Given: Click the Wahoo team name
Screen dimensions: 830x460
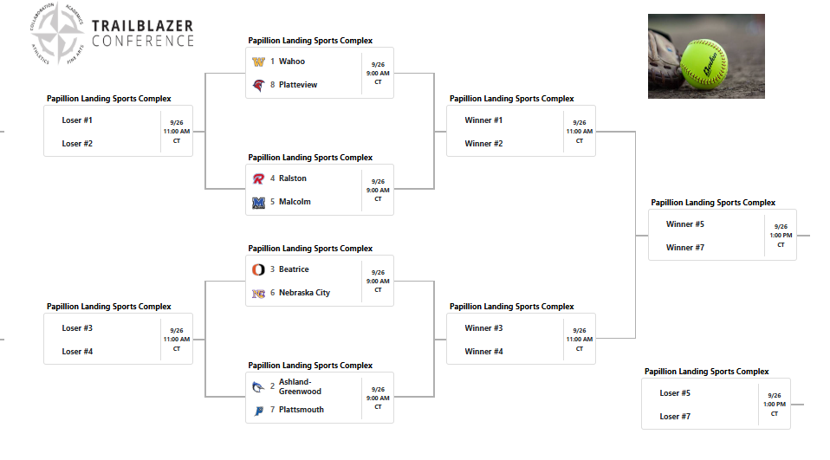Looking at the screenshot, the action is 292,62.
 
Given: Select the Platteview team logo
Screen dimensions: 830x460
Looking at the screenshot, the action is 258,85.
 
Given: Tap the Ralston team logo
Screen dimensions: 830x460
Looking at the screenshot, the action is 258,179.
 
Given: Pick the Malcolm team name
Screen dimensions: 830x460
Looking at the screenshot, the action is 295,202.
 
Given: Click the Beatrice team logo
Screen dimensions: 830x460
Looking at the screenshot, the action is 258,270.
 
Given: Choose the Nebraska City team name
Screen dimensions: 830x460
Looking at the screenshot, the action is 304,293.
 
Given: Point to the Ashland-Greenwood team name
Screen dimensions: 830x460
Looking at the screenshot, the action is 300,386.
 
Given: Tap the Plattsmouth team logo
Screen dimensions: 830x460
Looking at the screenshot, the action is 258,411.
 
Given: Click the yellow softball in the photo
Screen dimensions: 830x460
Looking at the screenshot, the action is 704,64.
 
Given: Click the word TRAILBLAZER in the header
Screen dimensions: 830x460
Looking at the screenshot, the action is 143,26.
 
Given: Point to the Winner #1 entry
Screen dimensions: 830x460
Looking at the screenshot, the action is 483,120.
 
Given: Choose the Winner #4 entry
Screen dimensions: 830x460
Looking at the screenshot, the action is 483,352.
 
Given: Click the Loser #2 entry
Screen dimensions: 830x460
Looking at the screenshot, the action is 77,144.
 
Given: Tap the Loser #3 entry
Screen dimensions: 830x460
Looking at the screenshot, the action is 77,328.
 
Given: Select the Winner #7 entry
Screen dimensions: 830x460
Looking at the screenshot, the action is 685,248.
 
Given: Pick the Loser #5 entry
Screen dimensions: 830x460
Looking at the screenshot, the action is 675,393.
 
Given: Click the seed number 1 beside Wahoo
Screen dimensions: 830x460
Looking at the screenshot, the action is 272,62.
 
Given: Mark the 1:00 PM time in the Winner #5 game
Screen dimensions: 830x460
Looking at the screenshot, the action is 781,236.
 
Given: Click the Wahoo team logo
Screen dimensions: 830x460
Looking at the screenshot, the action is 258,62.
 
